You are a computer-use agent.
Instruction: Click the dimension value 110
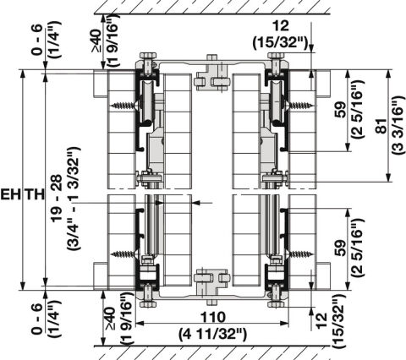pos(213,317)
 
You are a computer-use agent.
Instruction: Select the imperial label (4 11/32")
pos(212,335)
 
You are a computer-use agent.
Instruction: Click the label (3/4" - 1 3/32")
pos(74,199)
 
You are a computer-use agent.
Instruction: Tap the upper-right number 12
pos(281,26)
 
